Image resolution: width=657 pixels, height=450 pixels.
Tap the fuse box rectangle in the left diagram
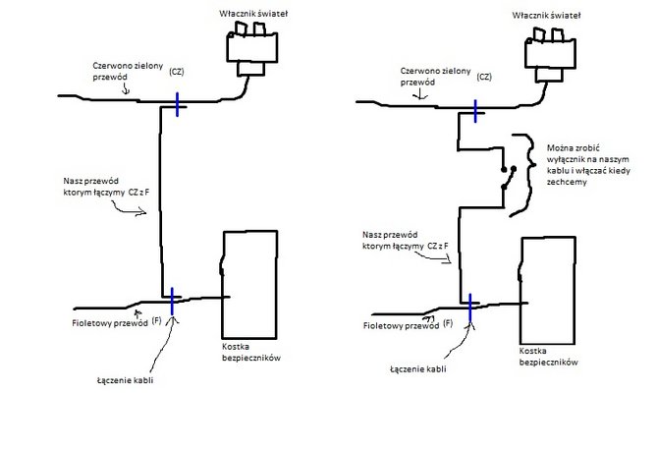(252, 285)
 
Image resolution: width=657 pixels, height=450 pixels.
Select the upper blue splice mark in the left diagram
(177, 105)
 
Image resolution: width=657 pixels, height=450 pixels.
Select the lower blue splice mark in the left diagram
(172, 297)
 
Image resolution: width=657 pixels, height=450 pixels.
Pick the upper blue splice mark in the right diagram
(476, 109)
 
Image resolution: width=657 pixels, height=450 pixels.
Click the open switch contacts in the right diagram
(506, 173)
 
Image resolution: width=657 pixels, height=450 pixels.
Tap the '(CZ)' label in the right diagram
(483, 76)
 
